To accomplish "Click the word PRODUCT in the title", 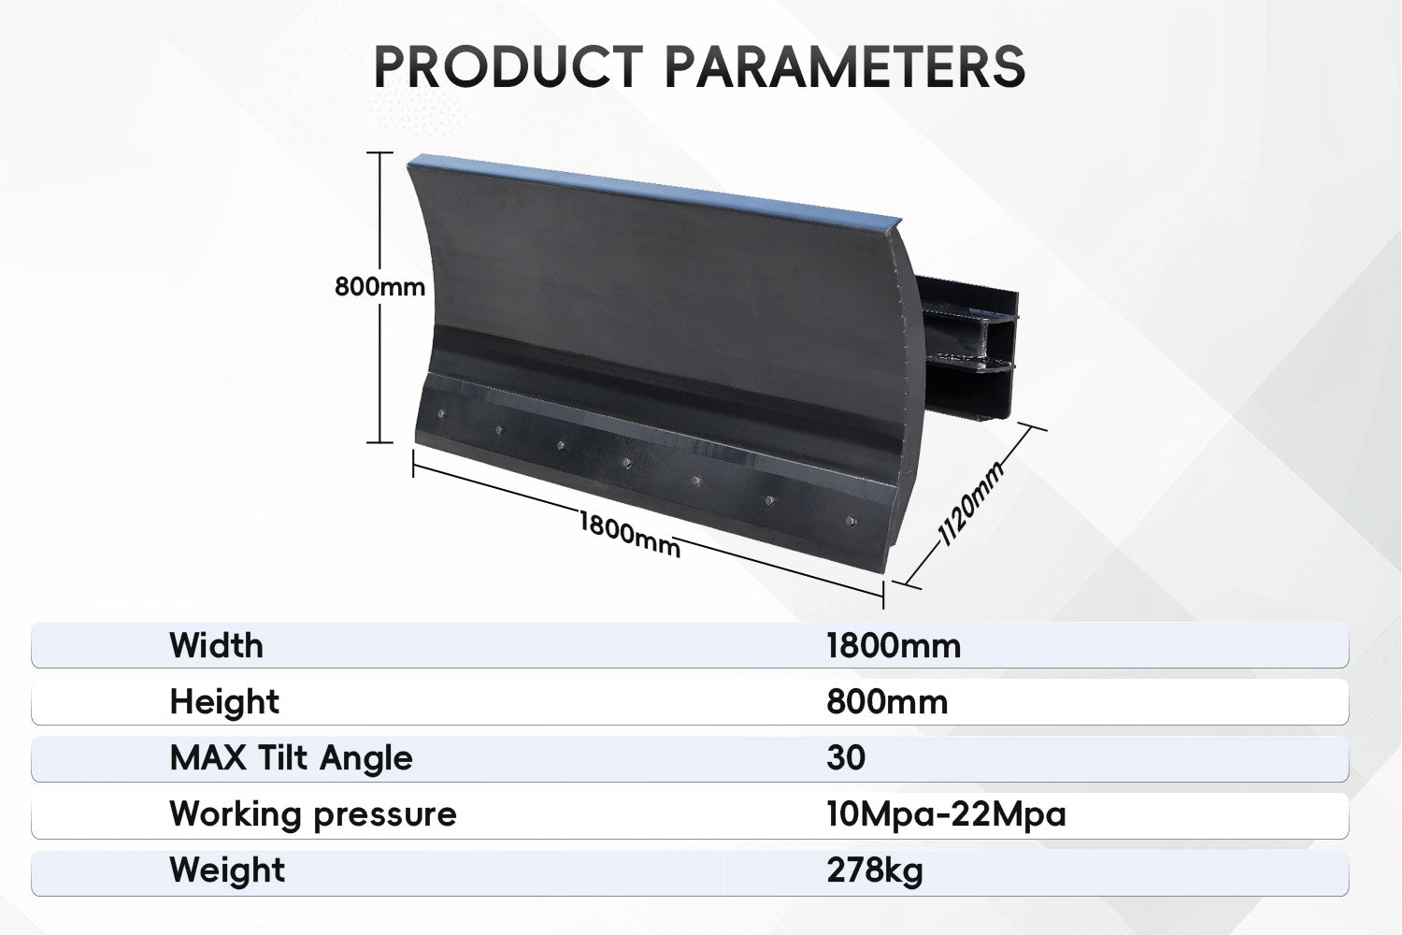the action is point(508,66).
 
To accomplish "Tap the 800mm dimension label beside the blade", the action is point(379,287).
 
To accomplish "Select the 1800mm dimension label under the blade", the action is point(630,534).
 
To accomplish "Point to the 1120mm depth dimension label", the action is point(970,503).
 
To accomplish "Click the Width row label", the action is point(216,645).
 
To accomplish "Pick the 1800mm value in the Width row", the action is point(894,646).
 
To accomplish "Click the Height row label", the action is point(224,701).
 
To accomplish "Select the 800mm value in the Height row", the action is point(887,702).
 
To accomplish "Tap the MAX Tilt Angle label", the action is point(291,757).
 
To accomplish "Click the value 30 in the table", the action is point(846,757).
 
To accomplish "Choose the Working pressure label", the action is point(313,814).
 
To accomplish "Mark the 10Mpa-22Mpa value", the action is point(946,814).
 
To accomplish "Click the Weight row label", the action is point(227,870).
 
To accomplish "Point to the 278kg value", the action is point(874,870).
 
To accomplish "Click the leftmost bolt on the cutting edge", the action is point(441,414).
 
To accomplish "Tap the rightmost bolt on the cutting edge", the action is point(851,521).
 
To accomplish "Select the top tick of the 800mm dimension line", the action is point(379,152).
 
